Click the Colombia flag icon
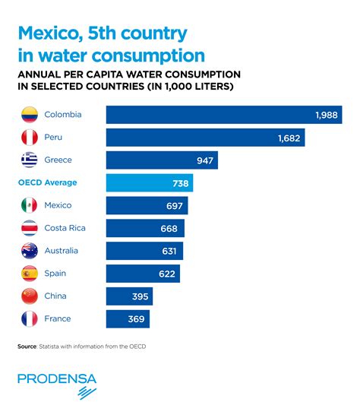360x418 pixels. click(x=30, y=115)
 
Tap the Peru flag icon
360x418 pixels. click(x=30, y=138)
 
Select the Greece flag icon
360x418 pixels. click(x=30, y=160)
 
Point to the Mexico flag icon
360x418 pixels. click(x=30, y=205)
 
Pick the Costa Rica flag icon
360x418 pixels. click(x=30, y=228)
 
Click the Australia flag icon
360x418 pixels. click(x=30, y=251)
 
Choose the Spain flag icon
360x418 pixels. click(x=30, y=274)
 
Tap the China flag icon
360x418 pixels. click(x=30, y=296)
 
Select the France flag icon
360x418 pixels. click(x=30, y=319)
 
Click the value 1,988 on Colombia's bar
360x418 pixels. click(x=327, y=115)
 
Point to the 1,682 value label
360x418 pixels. click(x=289, y=138)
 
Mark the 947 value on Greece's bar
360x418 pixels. click(x=204, y=160)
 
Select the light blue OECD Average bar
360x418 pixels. click(x=150, y=183)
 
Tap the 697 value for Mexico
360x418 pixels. click(x=175, y=205)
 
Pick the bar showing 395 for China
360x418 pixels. click(x=129, y=296)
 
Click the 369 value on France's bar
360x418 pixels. click(x=137, y=319)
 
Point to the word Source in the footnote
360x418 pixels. click(x=27, y=347)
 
